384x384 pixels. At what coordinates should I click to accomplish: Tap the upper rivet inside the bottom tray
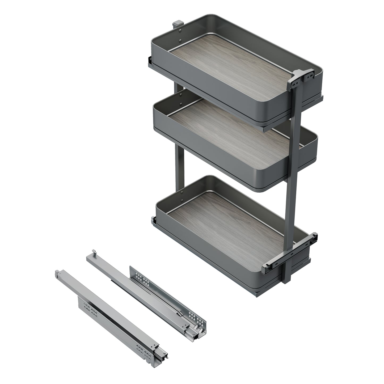[x=182, y=192]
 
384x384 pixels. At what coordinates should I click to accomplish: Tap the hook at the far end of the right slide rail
[x=94, y=252]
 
